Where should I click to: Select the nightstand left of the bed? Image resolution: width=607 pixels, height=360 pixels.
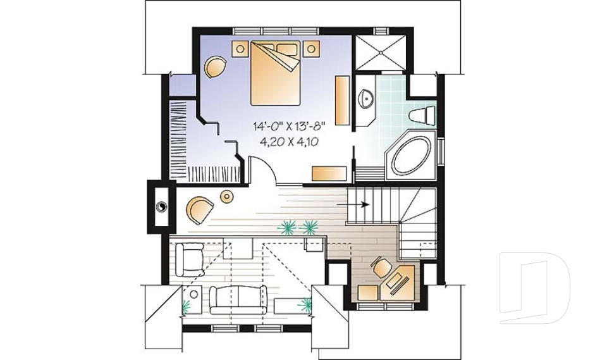[240, 47]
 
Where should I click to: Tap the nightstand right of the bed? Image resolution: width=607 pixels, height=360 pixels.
[311, 47]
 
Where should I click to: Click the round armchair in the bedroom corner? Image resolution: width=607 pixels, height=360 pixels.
[214, 66]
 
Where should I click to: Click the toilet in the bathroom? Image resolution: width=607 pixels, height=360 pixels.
[422, 116]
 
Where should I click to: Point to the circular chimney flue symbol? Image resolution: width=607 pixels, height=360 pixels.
[161, 205]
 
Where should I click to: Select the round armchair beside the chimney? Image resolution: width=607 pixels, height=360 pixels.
[199, 208]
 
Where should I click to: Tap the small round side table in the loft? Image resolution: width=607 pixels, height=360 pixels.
[226, 197]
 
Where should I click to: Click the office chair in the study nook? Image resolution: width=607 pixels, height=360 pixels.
[381, 267]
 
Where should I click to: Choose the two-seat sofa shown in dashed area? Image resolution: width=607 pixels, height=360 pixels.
[238, 298]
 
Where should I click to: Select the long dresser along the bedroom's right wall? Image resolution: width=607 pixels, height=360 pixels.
[341, 100]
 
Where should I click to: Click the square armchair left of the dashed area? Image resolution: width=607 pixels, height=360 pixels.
[188, 256]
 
